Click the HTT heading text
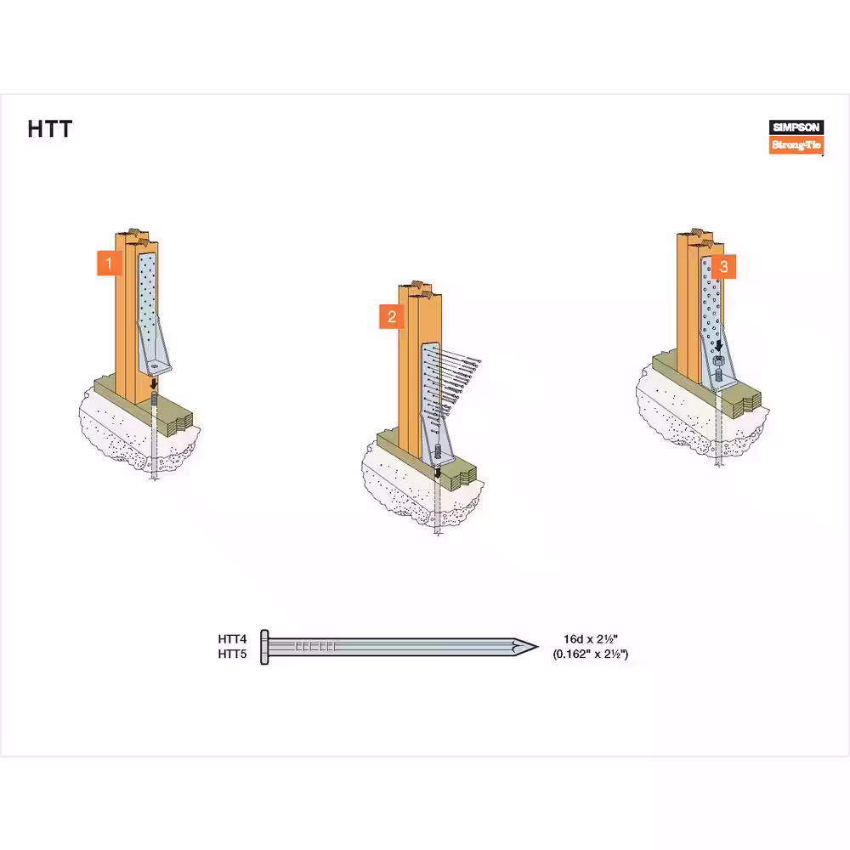click(50, 129)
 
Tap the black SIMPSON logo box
click(796, 127)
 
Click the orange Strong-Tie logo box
click(796, 144)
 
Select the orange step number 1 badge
click(109, 263)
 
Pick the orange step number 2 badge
click(391, 316)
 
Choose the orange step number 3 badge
click(723, 266)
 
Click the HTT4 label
click(232, 639)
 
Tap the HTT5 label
click(232, 654)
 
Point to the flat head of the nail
click(264, 647)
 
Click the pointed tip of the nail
click(538, 646)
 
